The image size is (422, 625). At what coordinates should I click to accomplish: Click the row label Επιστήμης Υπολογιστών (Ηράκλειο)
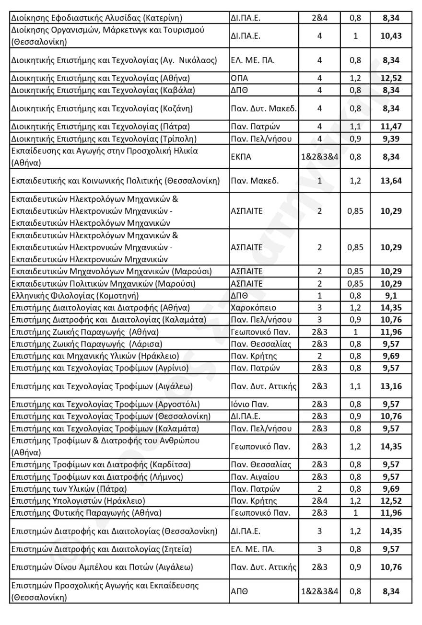point(78,501)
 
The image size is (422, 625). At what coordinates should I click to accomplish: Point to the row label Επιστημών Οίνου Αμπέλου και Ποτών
point(102,567)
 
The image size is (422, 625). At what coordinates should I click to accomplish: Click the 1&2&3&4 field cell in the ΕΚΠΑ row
point(319,156)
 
